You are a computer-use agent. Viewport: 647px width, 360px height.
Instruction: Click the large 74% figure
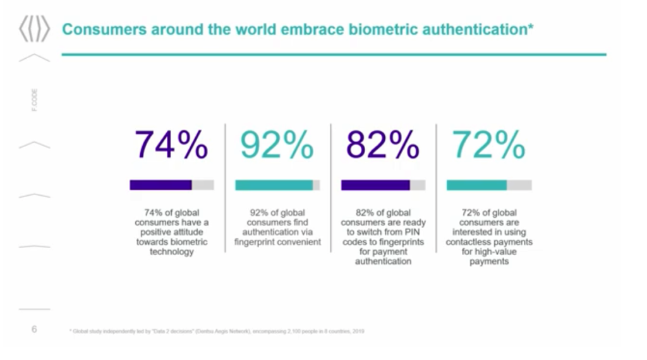click(x=171, y=146)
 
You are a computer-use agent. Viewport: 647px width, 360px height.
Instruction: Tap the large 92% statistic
click(x=277, y=146)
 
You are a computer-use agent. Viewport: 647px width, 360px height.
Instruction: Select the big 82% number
click(x=382, y=146)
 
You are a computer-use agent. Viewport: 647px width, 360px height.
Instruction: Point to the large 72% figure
click(x=488, y=146)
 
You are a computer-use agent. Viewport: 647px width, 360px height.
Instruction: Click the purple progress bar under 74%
click(x=161, y=185)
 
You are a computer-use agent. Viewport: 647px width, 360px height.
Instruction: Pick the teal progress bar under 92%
click(x=274, y=185)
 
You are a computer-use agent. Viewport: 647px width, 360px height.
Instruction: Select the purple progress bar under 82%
click(x=375, y=185)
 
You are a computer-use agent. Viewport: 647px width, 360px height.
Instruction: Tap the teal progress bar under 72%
click(x=476, y=185)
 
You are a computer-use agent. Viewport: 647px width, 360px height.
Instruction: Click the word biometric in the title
click(x=377, y=30)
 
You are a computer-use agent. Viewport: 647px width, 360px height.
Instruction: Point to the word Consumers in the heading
click(x=102, y=30)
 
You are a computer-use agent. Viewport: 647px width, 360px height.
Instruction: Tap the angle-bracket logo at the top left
click(x=34, y=30)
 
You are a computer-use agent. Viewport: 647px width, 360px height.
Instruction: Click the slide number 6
click(x=34, y=329)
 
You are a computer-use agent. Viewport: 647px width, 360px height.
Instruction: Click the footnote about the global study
click(x=215, y=331)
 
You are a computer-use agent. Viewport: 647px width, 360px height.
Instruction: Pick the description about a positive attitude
click(x=172, y=232)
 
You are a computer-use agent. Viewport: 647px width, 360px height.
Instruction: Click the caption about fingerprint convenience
click(x=277, y=227)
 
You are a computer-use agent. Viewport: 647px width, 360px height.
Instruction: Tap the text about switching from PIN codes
click(x=383, y=237)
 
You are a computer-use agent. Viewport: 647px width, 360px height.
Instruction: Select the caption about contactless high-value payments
click(x=489, y=237)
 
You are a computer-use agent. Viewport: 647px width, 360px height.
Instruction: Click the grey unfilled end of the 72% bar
click(x=519, y=185)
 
